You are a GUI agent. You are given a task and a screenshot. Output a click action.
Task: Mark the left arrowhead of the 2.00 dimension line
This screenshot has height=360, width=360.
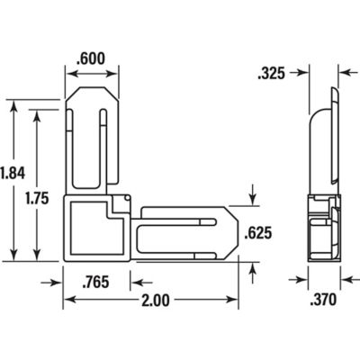[67, 301]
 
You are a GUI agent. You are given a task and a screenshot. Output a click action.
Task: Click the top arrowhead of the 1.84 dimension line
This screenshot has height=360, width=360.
[13, 105]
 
